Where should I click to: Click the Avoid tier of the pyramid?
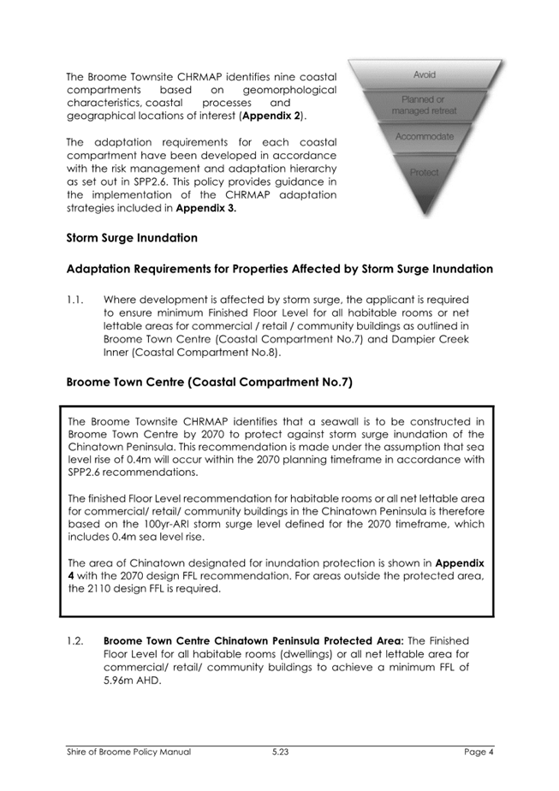[424, 75]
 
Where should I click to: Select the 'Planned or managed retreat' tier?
[424, 106]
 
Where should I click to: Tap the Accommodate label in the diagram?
[425, 137]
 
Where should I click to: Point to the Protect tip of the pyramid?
[425, 172]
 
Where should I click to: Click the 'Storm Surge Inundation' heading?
[132, 237]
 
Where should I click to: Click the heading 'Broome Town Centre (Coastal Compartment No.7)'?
[209, 383]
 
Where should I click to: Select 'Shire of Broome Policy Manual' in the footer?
[128, 752]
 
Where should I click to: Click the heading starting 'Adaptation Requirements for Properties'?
[279, 269]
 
